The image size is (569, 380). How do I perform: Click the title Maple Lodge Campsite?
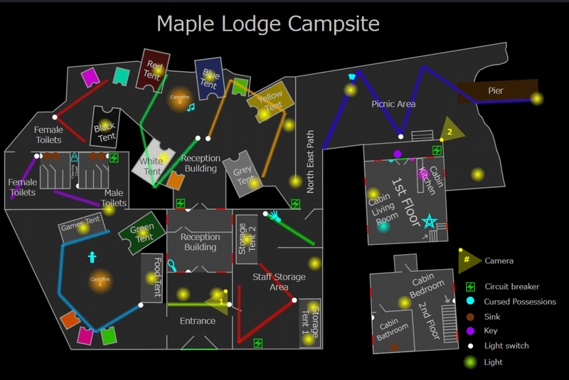pyautogui.click(x=268, y=23)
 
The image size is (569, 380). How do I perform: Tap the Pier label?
pyautogui.click(x=496, y=91)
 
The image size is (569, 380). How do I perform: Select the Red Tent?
pyautogui.click(x=154, y=69)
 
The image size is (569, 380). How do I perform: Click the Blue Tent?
pyautogui.click(x=210, y=78)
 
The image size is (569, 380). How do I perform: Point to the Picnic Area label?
pyautogui.click(x=393, y=105)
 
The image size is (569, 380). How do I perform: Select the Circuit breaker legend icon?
pyautogui.click(x=470, y=287)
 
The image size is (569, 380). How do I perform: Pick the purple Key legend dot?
pyautogui.click(x=470, y=331)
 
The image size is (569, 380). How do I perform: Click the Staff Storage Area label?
pyautogui.click(x=280, y=282)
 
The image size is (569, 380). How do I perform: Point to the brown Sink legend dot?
pyautogui.click(x=470, y=317)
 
